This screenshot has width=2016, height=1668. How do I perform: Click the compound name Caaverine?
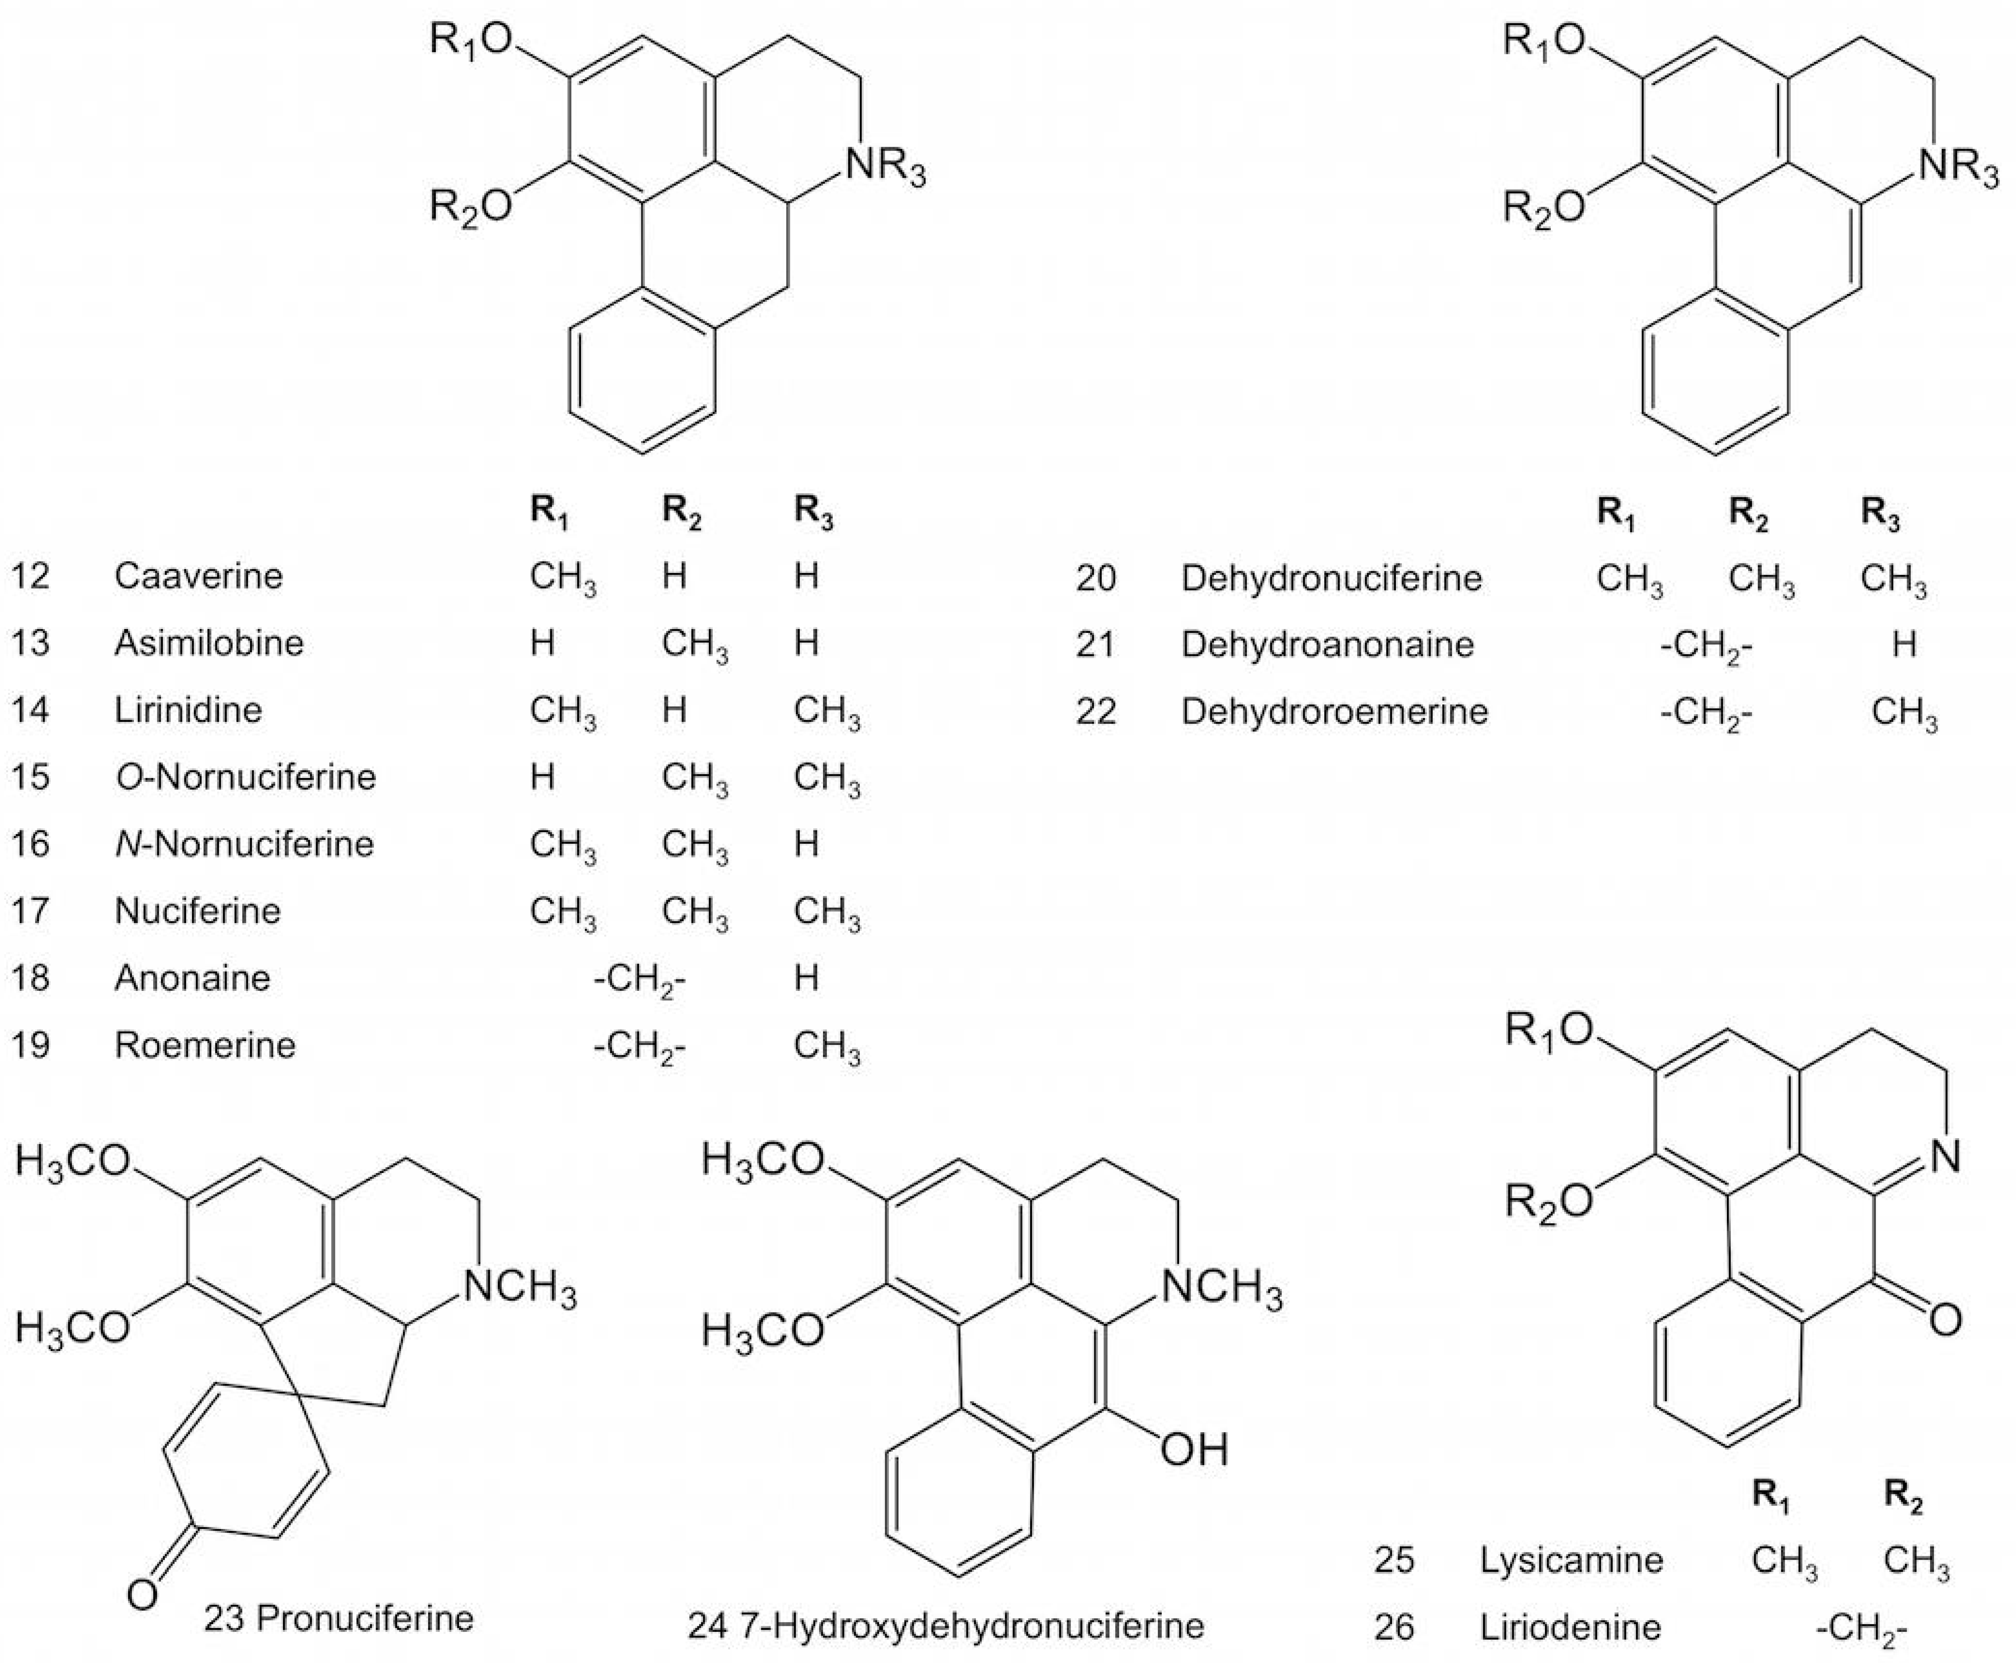click(199, 576)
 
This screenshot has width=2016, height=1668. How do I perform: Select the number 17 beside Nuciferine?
click(31, 910)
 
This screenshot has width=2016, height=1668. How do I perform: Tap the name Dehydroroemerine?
click(1335, 711)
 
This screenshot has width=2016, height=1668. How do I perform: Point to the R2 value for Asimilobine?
click(694, 644)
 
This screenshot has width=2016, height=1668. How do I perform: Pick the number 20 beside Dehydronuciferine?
click(1096, 578)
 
